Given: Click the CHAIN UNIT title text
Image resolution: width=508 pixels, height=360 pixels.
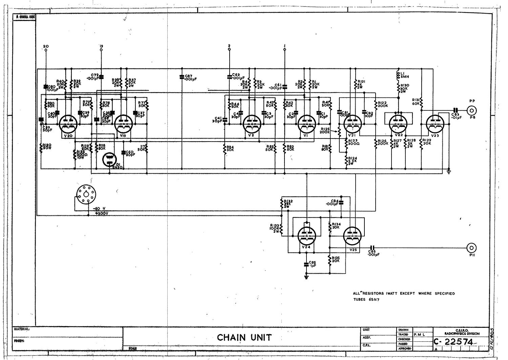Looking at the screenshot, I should point(244,337).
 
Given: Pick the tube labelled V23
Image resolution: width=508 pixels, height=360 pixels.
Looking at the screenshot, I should point(435,124).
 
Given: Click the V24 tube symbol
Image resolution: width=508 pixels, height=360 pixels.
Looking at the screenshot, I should point(306,235).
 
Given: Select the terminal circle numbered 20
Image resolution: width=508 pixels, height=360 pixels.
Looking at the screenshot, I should point(46,50).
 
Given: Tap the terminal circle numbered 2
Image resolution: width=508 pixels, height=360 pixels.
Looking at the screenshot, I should point(229,50).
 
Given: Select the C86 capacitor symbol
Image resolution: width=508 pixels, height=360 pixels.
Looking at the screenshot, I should point(373,248).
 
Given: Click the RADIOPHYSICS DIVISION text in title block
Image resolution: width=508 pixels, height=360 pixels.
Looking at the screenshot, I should point(462,334).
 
